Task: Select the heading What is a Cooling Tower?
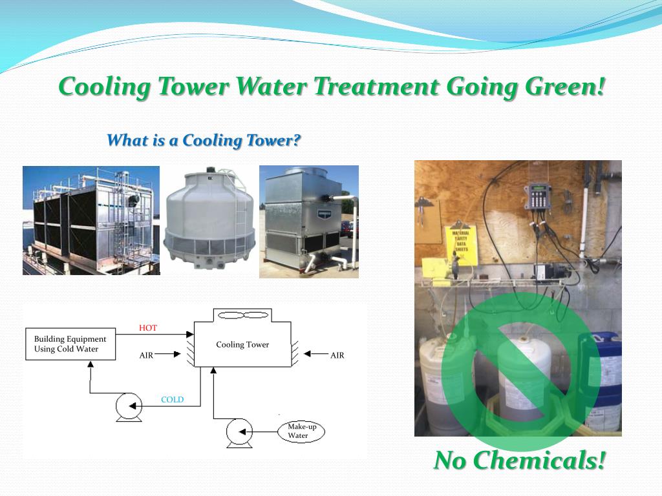pyautogui.click(x=204, y=140)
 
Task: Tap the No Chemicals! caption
pyautogui.click(x=520, y=460)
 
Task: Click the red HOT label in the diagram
pyautogui.click(x=147, y=328)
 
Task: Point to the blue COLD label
pyautogui.click(x=172, y=400)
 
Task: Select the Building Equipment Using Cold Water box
pyautogui.click(x=70, y=344)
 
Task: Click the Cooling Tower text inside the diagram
pyautogui.click(x=242, y=345)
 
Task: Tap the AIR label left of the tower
pyautogui.click(x=146, y=355)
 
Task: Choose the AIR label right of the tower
pyautogui.click(x=337, y=355)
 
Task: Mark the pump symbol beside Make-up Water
pyautogui.click(x=239, y=432)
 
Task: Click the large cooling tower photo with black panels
pyautogui.click(x=91, y=220)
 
